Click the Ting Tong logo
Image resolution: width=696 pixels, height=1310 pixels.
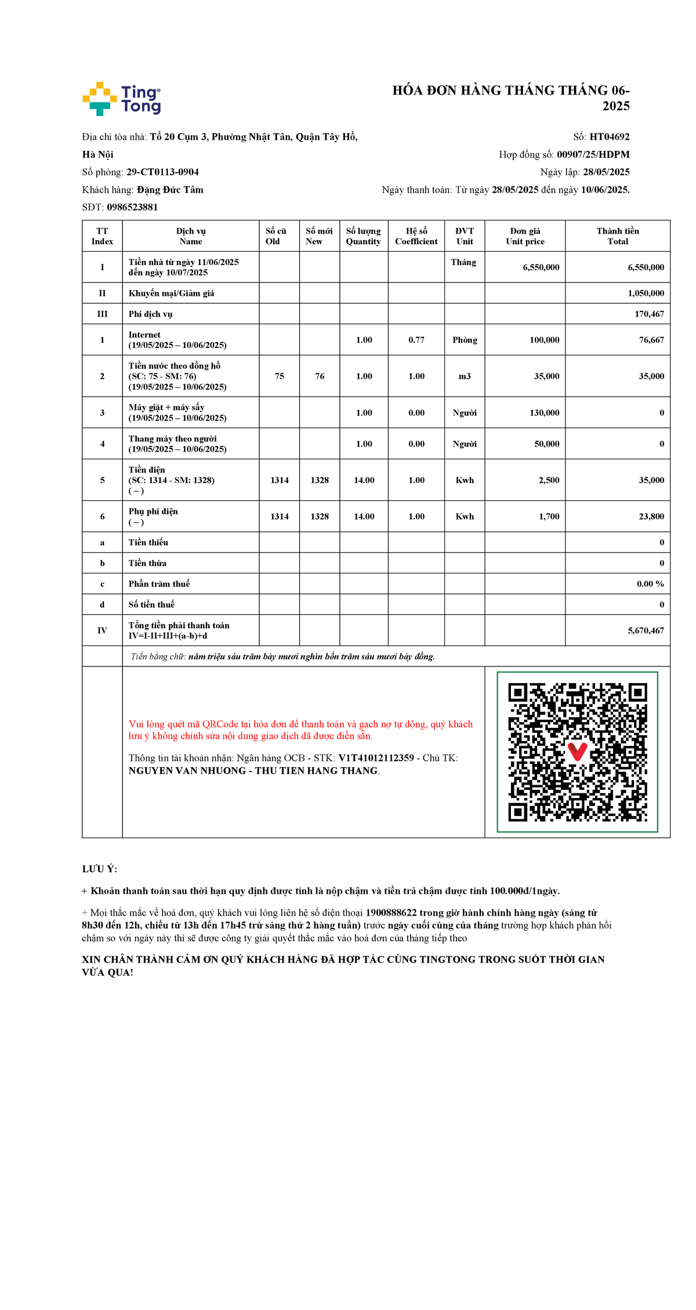coord(122,99)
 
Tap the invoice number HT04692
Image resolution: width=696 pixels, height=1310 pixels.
coord(609,137)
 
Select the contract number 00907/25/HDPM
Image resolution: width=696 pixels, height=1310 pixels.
coord(593,154)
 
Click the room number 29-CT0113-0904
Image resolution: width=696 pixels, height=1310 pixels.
coord(162,172)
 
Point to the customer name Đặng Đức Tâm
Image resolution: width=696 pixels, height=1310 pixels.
coord(170,190)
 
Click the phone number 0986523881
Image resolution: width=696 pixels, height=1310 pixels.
coord(132,207)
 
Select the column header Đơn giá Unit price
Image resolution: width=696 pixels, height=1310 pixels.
coord(525,236)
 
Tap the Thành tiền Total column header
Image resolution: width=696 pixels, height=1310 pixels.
coord(617,236)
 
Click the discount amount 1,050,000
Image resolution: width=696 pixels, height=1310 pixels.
coord(646,293)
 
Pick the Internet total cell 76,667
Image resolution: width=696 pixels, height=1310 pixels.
coord(651,340)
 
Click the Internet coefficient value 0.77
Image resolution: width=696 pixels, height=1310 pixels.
coord(416,340)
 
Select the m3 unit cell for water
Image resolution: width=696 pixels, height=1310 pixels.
coord(465,376)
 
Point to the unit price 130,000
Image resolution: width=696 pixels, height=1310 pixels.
coord(544,413)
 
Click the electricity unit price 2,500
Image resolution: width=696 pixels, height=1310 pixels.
coord(549,480)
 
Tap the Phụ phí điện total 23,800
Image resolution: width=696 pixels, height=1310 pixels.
coord(651,517)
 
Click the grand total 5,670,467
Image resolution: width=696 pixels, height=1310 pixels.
coord(646,630)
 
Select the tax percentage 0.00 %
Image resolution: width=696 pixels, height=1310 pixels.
coord(650,584)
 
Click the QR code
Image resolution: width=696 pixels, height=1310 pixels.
coord(577,752)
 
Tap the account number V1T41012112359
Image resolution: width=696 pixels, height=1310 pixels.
coord(376,758)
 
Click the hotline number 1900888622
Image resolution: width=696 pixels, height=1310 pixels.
coord(391,913)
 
